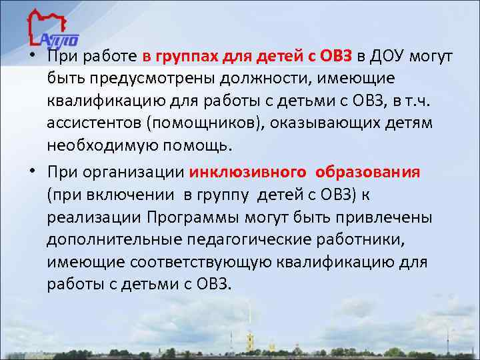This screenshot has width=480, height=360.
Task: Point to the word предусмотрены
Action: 131,79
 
